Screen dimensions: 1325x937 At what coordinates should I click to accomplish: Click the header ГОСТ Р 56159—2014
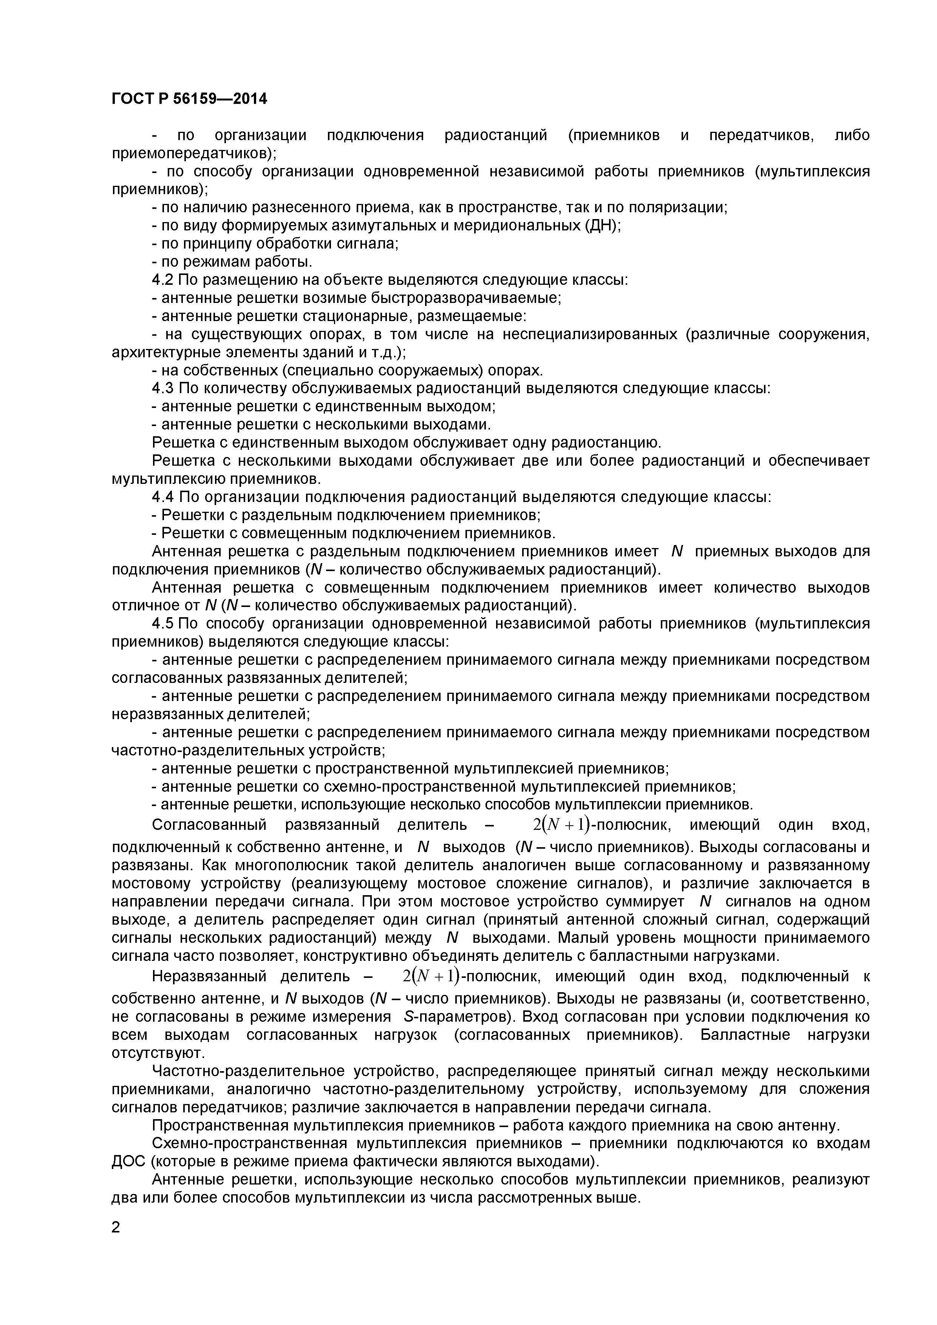point(189,99)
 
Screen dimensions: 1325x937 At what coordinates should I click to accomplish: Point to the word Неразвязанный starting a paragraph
point(209,976)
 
